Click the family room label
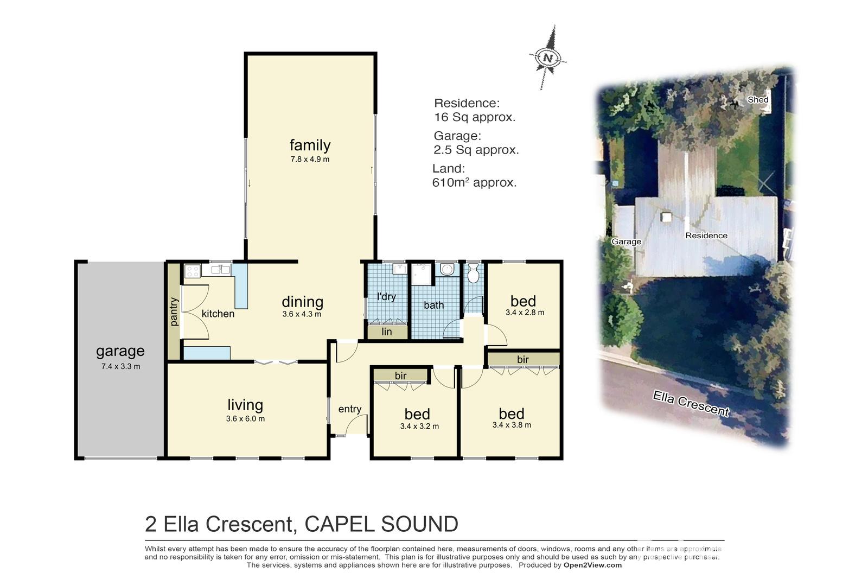point(310,145)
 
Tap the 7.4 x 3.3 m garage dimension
point(120,366)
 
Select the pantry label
point(174,311)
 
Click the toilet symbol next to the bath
point(473,274)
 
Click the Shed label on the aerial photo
point(757,99)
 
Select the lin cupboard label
point(386,332)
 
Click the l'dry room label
point(386,297)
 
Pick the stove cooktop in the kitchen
point(192,271)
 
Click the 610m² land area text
point(474,183)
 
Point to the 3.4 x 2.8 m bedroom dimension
point(525,313)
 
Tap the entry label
point(349,409)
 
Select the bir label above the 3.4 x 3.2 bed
point(400,376)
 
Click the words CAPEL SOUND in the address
point(381,524)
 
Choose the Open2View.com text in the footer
point(592,565)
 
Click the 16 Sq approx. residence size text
point(474,117)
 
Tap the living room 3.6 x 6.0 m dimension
point(245,419)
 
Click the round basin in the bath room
point(447,270)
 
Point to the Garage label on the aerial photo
point(626,241)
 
